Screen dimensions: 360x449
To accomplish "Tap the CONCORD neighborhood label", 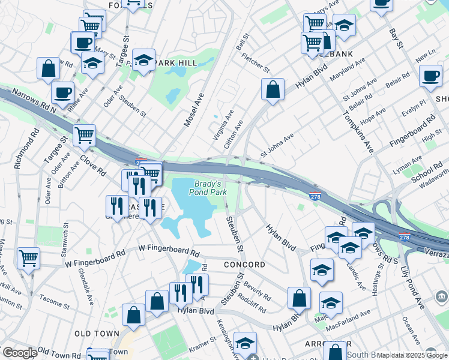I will click(x=244, y=265).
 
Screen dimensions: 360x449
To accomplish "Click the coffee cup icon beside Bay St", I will click(x=430, y=76).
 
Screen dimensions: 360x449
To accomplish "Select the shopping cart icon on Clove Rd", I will click(x=84, y=135).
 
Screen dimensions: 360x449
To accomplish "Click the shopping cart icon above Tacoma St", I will click(x=28, y=259).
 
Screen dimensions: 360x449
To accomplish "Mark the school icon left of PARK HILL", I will click(x=92, y=62).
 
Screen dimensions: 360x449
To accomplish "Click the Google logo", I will click(x=19, y=353).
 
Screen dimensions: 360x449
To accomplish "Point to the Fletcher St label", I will click(x=255, y=63).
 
